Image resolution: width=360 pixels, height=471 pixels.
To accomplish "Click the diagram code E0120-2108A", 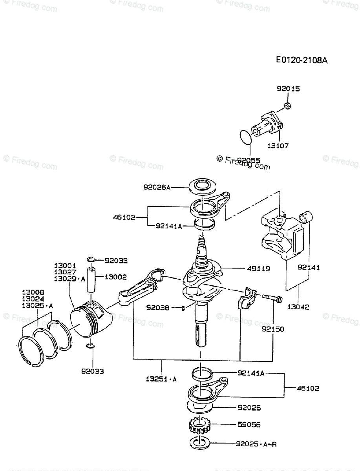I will [302, 60].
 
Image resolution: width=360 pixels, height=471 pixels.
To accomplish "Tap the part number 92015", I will [288, 89].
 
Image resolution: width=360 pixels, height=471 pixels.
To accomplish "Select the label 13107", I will [278, 146].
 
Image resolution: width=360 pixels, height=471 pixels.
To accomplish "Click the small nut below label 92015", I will [287, 104].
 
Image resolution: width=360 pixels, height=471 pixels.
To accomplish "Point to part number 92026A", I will [157, 188].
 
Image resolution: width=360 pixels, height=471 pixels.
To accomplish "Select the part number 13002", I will [116, 277].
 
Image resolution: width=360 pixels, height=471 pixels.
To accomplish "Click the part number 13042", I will [298, 307].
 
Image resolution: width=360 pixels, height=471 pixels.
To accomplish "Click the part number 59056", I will [248, 425].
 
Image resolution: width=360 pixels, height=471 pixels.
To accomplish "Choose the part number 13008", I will [33, 292].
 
